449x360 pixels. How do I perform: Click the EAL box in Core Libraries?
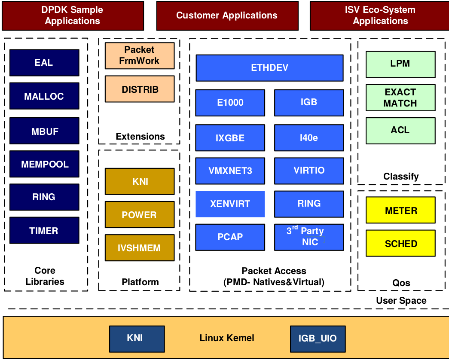click(x=44, y=63)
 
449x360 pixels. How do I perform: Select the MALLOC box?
click(x=44, y=96)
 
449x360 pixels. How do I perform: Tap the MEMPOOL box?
click(x=44, y=164)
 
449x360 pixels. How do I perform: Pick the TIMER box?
click(x=44, y=231)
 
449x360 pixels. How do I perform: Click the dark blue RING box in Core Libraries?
click(x=44, y=197)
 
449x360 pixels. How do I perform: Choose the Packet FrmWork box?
click(x=140, y=55)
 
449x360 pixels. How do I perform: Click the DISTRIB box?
click(x=140, y=89)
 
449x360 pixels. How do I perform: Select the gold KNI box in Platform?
click(x=140, y=181)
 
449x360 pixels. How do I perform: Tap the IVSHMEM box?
click(x=140, y=248)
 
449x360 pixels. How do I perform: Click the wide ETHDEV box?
click(x=269, y=68)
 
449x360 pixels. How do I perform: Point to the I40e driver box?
click(x=309, y=137)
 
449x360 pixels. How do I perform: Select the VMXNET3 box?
click(x=230, y=171)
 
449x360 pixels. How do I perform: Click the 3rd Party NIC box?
click(x=309, y=237)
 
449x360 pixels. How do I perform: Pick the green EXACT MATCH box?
click(x=400, y=98)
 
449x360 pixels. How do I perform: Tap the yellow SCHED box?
click(x=400, y=244)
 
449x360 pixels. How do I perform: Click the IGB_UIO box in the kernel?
click(x=318, y=339)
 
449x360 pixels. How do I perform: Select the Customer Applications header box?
click(x=226, y=16)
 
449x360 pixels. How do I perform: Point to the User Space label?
click(x=401, y=301)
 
